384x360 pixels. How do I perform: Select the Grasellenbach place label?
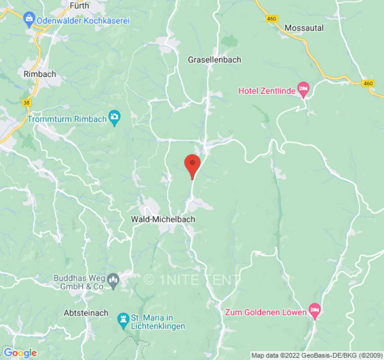point(214,59)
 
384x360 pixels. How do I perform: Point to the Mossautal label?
point(304,28)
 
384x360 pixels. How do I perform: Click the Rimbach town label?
point(40,73)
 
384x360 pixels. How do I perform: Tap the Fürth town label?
point(80,6)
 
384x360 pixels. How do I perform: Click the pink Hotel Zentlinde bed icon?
point(304,90)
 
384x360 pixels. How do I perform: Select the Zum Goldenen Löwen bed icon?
point(314,311)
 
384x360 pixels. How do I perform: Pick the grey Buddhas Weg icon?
point(114,281)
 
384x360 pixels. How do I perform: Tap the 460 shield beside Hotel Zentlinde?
point(368,83)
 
